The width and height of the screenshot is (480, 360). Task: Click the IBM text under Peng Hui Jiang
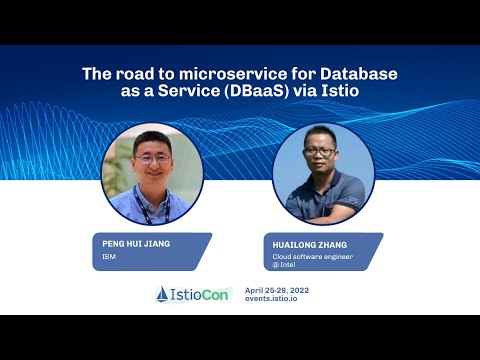pos(109,256)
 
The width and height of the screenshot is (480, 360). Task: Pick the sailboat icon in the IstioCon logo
pos(164,294)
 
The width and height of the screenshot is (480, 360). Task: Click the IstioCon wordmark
pos(202,294)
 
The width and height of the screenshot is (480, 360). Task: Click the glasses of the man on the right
pos(321,152)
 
